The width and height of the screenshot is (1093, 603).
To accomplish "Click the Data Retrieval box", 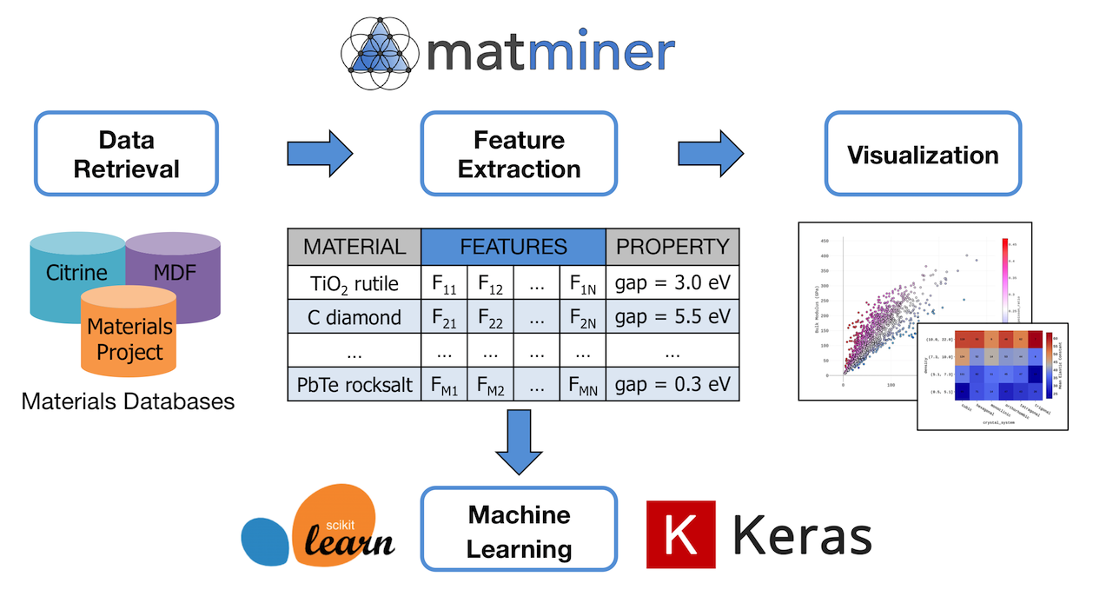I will (126, 154).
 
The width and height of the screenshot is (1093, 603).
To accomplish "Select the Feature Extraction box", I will (519, 154).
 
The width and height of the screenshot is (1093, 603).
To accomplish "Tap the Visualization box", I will (923, 154).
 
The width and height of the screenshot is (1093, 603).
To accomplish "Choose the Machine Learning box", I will (519, 531).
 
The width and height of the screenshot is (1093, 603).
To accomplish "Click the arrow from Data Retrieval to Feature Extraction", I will (319, 154).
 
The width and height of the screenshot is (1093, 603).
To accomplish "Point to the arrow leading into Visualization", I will (711, 154).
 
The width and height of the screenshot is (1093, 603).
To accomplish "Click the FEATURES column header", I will (513, 247).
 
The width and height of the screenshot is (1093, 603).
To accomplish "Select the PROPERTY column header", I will (672, 247).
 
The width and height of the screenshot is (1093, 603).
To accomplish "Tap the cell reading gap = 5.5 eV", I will (672, 315).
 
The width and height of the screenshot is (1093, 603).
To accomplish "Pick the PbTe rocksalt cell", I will (354, 384).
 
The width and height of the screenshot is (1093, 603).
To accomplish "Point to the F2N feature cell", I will (582, 316).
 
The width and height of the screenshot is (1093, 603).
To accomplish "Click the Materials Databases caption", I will (128, 401).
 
